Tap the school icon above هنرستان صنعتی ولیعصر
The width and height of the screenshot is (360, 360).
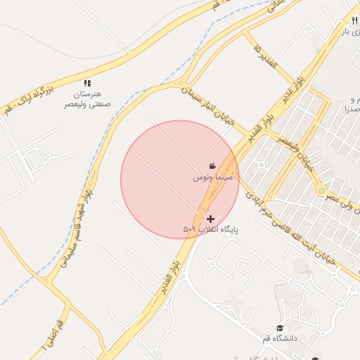pyautogui.click(x=86, y=83)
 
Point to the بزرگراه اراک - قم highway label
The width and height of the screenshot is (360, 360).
pyautogui.click(x=29, y=98)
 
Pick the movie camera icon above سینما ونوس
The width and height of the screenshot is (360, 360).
pyautogui.click(x=212, y=167)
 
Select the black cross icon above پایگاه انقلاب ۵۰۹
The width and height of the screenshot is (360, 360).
pyautogui.click(x=210, y=219)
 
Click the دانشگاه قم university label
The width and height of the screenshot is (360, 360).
pyautogui.click(x=281, y=339)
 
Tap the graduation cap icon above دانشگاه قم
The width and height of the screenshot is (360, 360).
pyautogui.click(x=280, y=328)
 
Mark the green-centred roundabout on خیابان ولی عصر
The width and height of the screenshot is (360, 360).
pyautogui.click(x=322, y=190)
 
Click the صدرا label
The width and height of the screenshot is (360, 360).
pyautogui.click(x=351, y=109)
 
